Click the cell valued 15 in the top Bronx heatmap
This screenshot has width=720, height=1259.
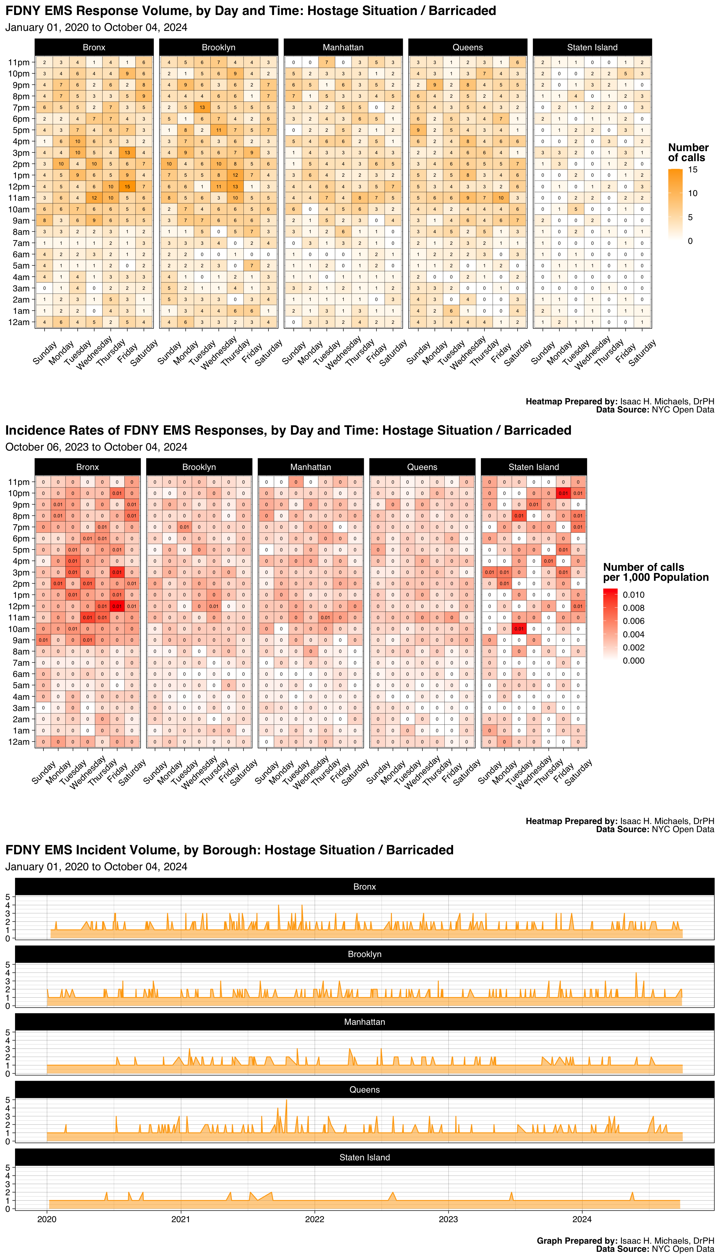127,187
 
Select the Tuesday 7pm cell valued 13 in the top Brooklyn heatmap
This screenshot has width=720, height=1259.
202,108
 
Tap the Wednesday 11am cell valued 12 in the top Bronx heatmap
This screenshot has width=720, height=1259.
94,198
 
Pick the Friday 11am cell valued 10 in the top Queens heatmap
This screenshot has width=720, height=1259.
501,198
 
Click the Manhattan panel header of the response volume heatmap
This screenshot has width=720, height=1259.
343,47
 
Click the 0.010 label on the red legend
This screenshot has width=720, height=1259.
633,595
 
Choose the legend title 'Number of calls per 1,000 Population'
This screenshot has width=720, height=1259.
655,572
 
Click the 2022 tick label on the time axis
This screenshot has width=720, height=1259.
314,1219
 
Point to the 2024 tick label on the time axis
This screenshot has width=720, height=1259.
582,1219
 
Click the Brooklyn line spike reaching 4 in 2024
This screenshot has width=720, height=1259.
636,973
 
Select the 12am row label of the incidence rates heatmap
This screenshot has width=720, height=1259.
19,742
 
